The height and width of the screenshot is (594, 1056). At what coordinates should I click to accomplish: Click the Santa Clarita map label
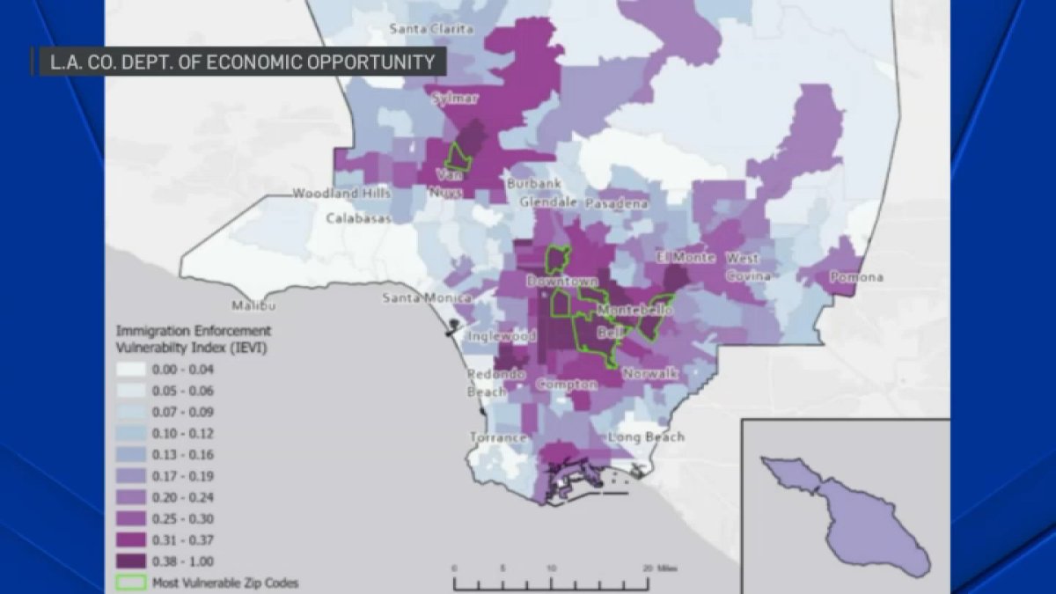pos(431,29)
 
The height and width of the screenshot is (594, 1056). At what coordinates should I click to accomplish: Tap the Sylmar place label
pos(455,99)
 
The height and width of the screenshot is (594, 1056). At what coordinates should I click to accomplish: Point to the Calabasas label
pos(360,218)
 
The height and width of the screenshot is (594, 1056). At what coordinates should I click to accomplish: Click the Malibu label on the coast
pos(253,306)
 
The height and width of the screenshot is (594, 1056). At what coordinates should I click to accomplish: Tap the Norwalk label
pos(649,374)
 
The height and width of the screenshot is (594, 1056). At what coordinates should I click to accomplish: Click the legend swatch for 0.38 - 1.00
pos(131,561)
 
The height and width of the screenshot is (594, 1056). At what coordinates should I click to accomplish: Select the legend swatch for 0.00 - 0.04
pos(131,370)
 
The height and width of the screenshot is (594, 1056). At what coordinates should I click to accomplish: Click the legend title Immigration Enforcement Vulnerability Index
pos(193,340)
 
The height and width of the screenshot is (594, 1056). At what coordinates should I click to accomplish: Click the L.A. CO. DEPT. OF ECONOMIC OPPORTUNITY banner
pos(238,62)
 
